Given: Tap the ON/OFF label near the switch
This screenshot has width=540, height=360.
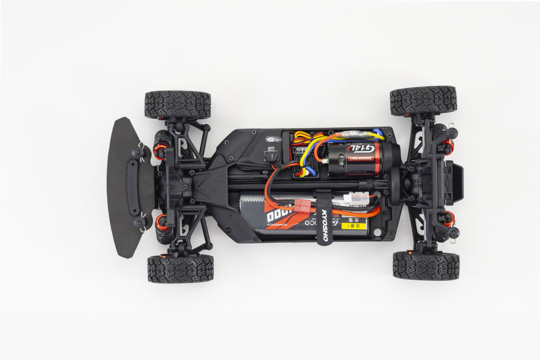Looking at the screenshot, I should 272,139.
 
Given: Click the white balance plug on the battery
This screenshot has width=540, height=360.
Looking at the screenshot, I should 356,198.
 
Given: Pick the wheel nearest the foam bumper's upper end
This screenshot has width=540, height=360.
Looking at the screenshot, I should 178,105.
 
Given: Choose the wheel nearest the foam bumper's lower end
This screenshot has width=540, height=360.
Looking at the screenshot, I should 180,269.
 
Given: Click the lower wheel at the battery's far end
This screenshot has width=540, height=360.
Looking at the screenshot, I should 426,265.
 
